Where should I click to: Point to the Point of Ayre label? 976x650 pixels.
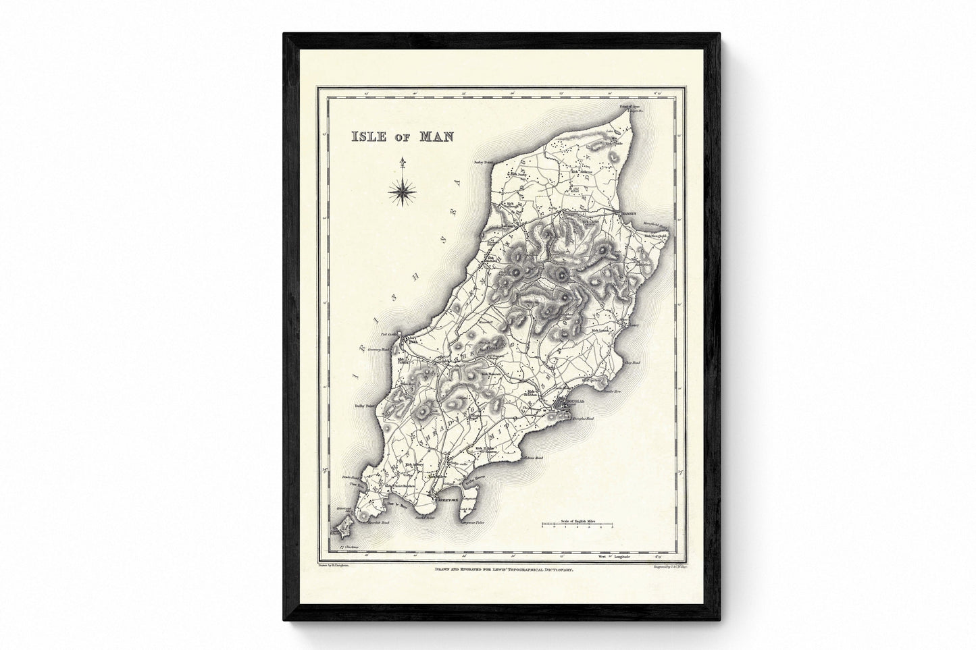coord(630,106)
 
